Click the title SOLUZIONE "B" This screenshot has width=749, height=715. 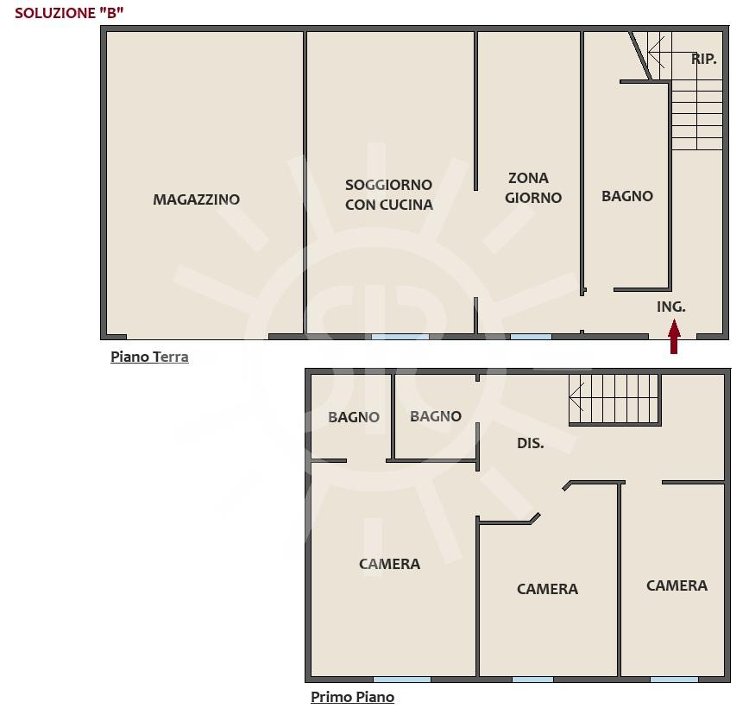69,13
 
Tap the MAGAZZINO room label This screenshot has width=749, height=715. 197,199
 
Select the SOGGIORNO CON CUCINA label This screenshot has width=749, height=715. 389,194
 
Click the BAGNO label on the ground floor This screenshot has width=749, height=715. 627,196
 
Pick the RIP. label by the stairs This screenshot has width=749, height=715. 704,60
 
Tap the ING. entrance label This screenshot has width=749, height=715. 671,307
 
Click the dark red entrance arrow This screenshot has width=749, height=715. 674,337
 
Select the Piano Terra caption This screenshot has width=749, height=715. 149,357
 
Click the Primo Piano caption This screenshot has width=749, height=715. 353,697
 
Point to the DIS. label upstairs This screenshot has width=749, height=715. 530,443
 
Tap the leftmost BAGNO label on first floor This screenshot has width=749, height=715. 354,417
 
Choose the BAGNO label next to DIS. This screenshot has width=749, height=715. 436,416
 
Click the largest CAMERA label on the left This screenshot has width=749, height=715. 390,564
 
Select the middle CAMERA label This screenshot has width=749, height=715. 547,589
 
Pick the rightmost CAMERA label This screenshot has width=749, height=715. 677,585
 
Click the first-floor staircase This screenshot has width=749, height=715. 614,400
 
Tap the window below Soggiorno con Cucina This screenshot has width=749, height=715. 400,337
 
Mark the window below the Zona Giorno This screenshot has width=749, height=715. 531,337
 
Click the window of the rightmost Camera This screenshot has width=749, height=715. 674,679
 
